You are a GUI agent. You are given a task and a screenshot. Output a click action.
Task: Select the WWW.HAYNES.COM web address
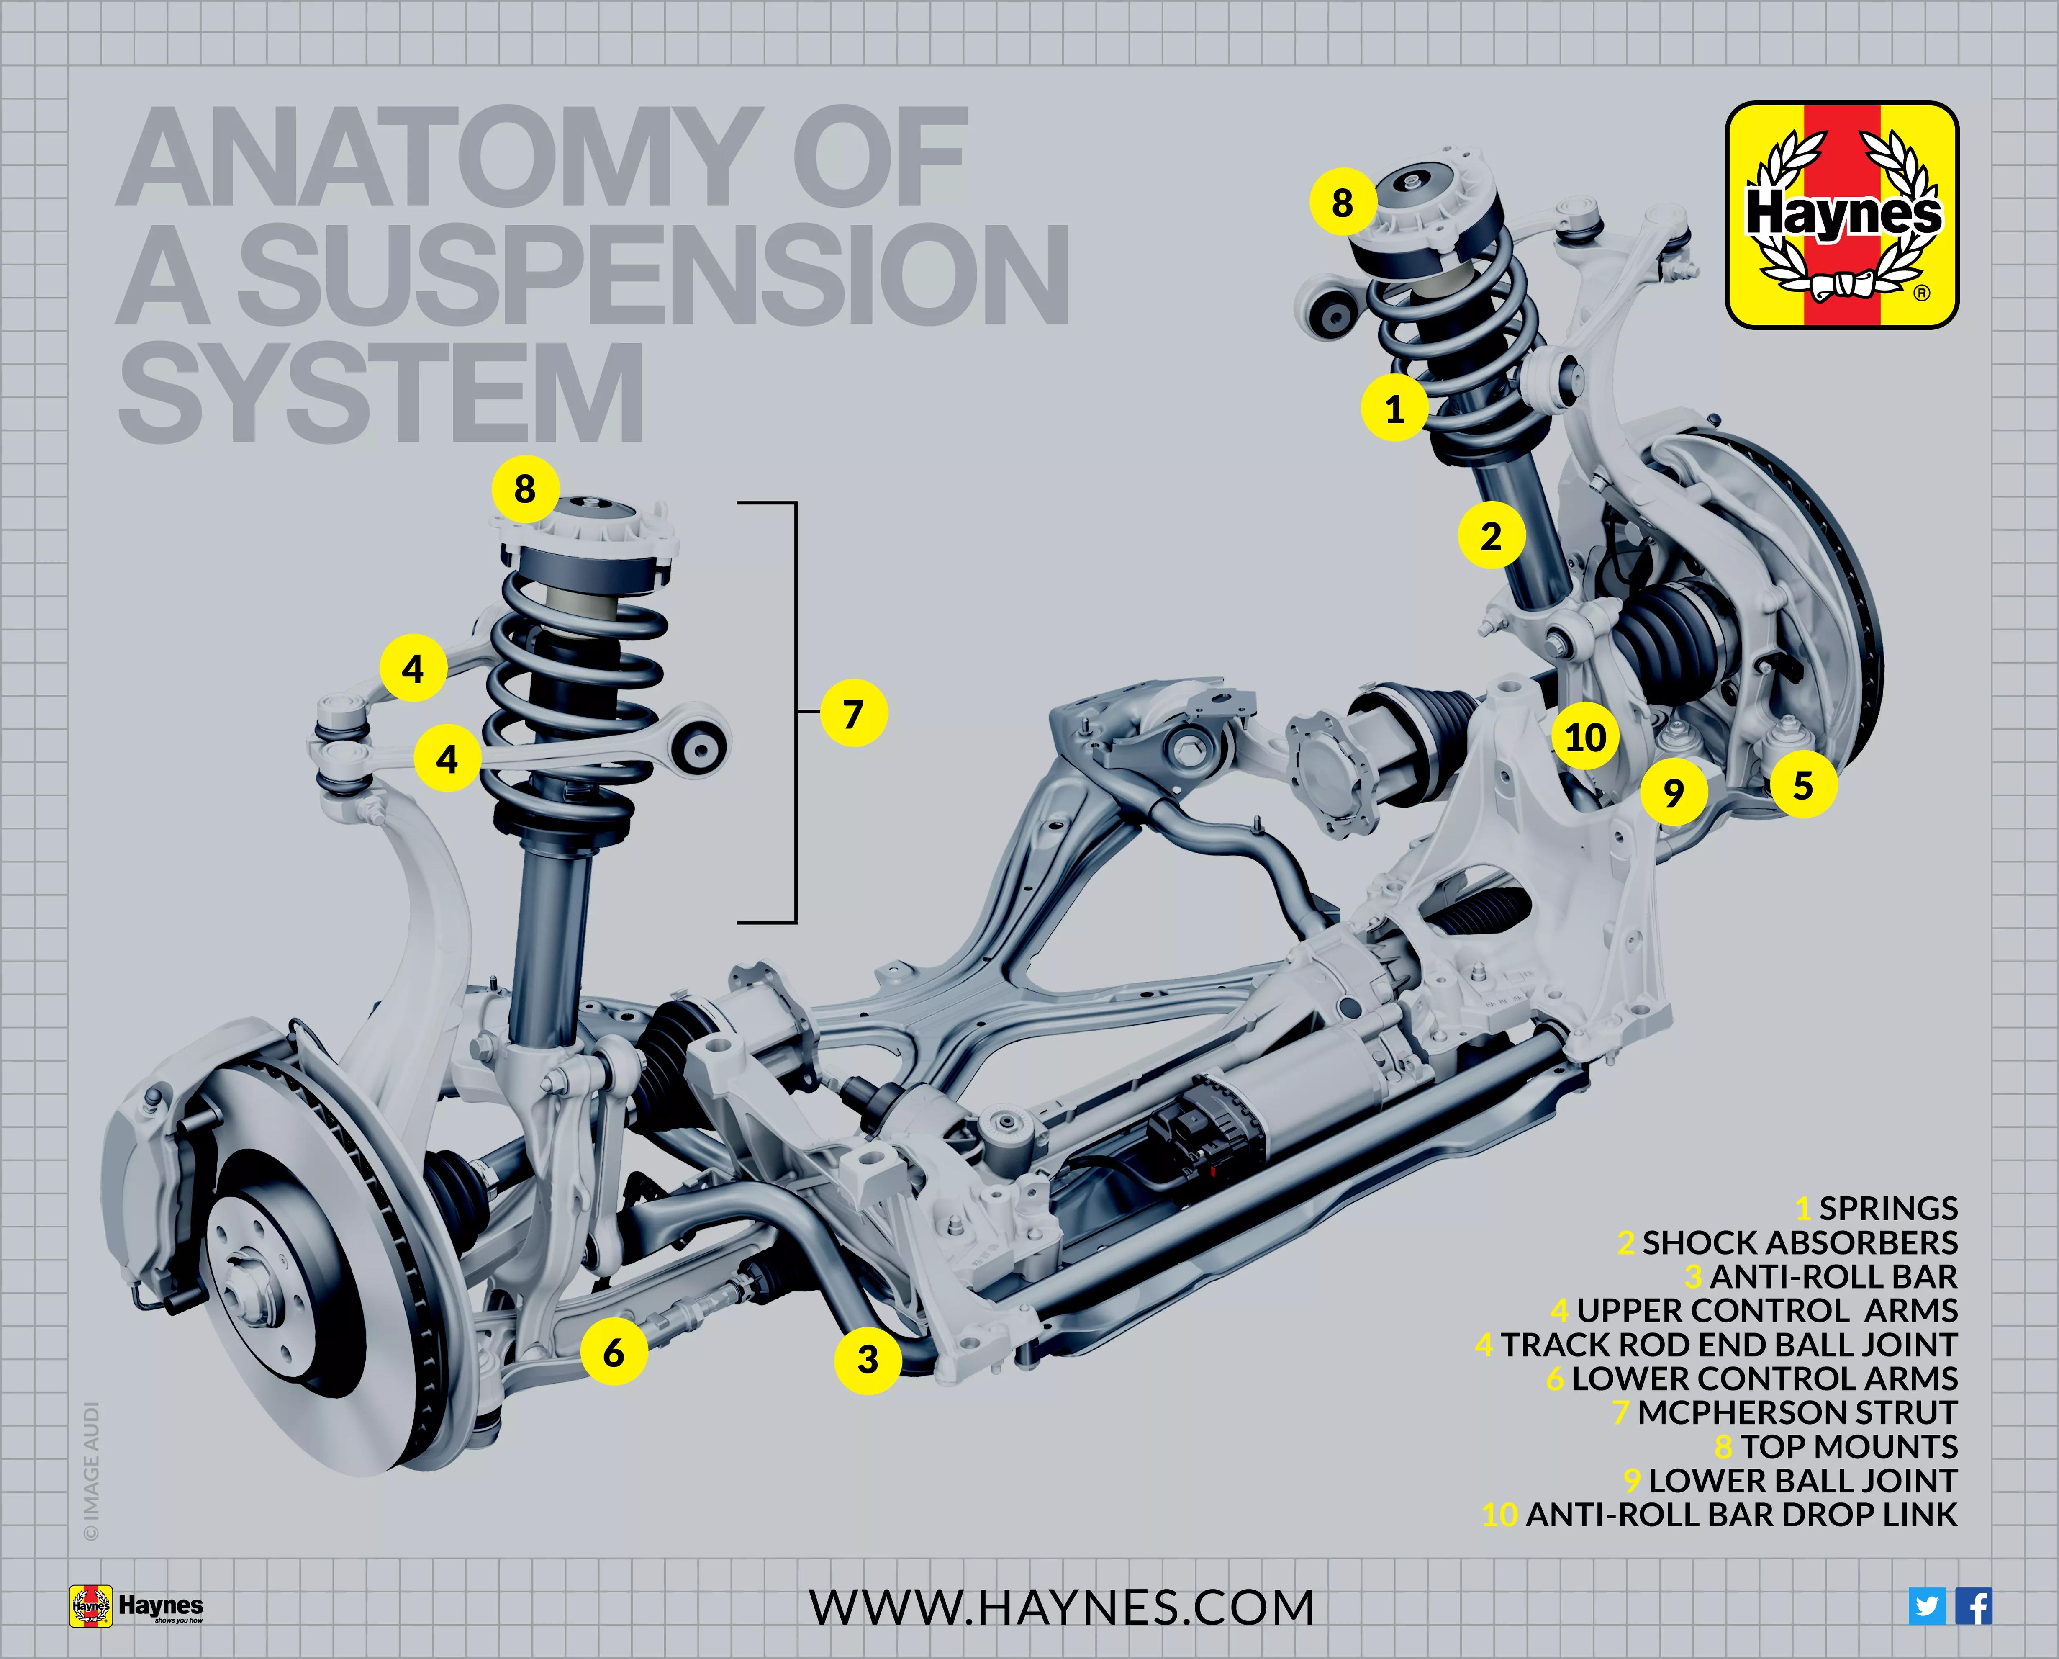(x=1061, y=1608)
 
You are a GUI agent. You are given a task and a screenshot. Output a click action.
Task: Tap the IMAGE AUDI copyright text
(x=92, y=1472)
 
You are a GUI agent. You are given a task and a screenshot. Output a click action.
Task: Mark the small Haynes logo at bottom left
(x=136, y=1606)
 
